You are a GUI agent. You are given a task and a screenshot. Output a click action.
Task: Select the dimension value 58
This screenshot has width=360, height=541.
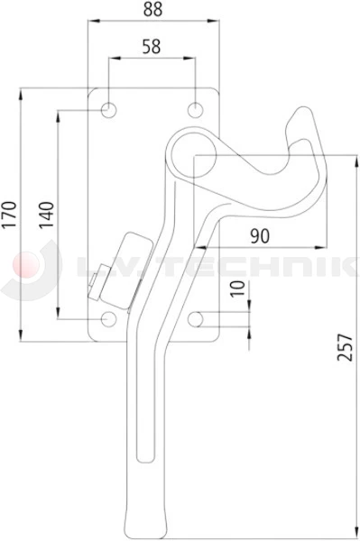(152, 46)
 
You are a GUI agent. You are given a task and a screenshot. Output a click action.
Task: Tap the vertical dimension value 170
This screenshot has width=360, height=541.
(10, 214)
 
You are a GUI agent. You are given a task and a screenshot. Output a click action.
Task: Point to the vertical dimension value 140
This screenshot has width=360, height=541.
(48, 214)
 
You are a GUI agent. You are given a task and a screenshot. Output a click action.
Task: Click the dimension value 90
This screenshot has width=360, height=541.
(259, 235)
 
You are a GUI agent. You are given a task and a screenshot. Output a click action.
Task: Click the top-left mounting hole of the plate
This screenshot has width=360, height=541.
(108, 110)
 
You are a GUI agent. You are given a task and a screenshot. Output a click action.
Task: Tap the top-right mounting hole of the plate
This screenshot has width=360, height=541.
(196, 110)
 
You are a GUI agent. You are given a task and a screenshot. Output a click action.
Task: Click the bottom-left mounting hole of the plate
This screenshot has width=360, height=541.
(108, 318)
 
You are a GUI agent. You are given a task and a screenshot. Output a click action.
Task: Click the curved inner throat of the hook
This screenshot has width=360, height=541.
(271, 167)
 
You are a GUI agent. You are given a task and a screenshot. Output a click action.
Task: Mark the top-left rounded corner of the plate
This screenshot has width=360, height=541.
(91, 90)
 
